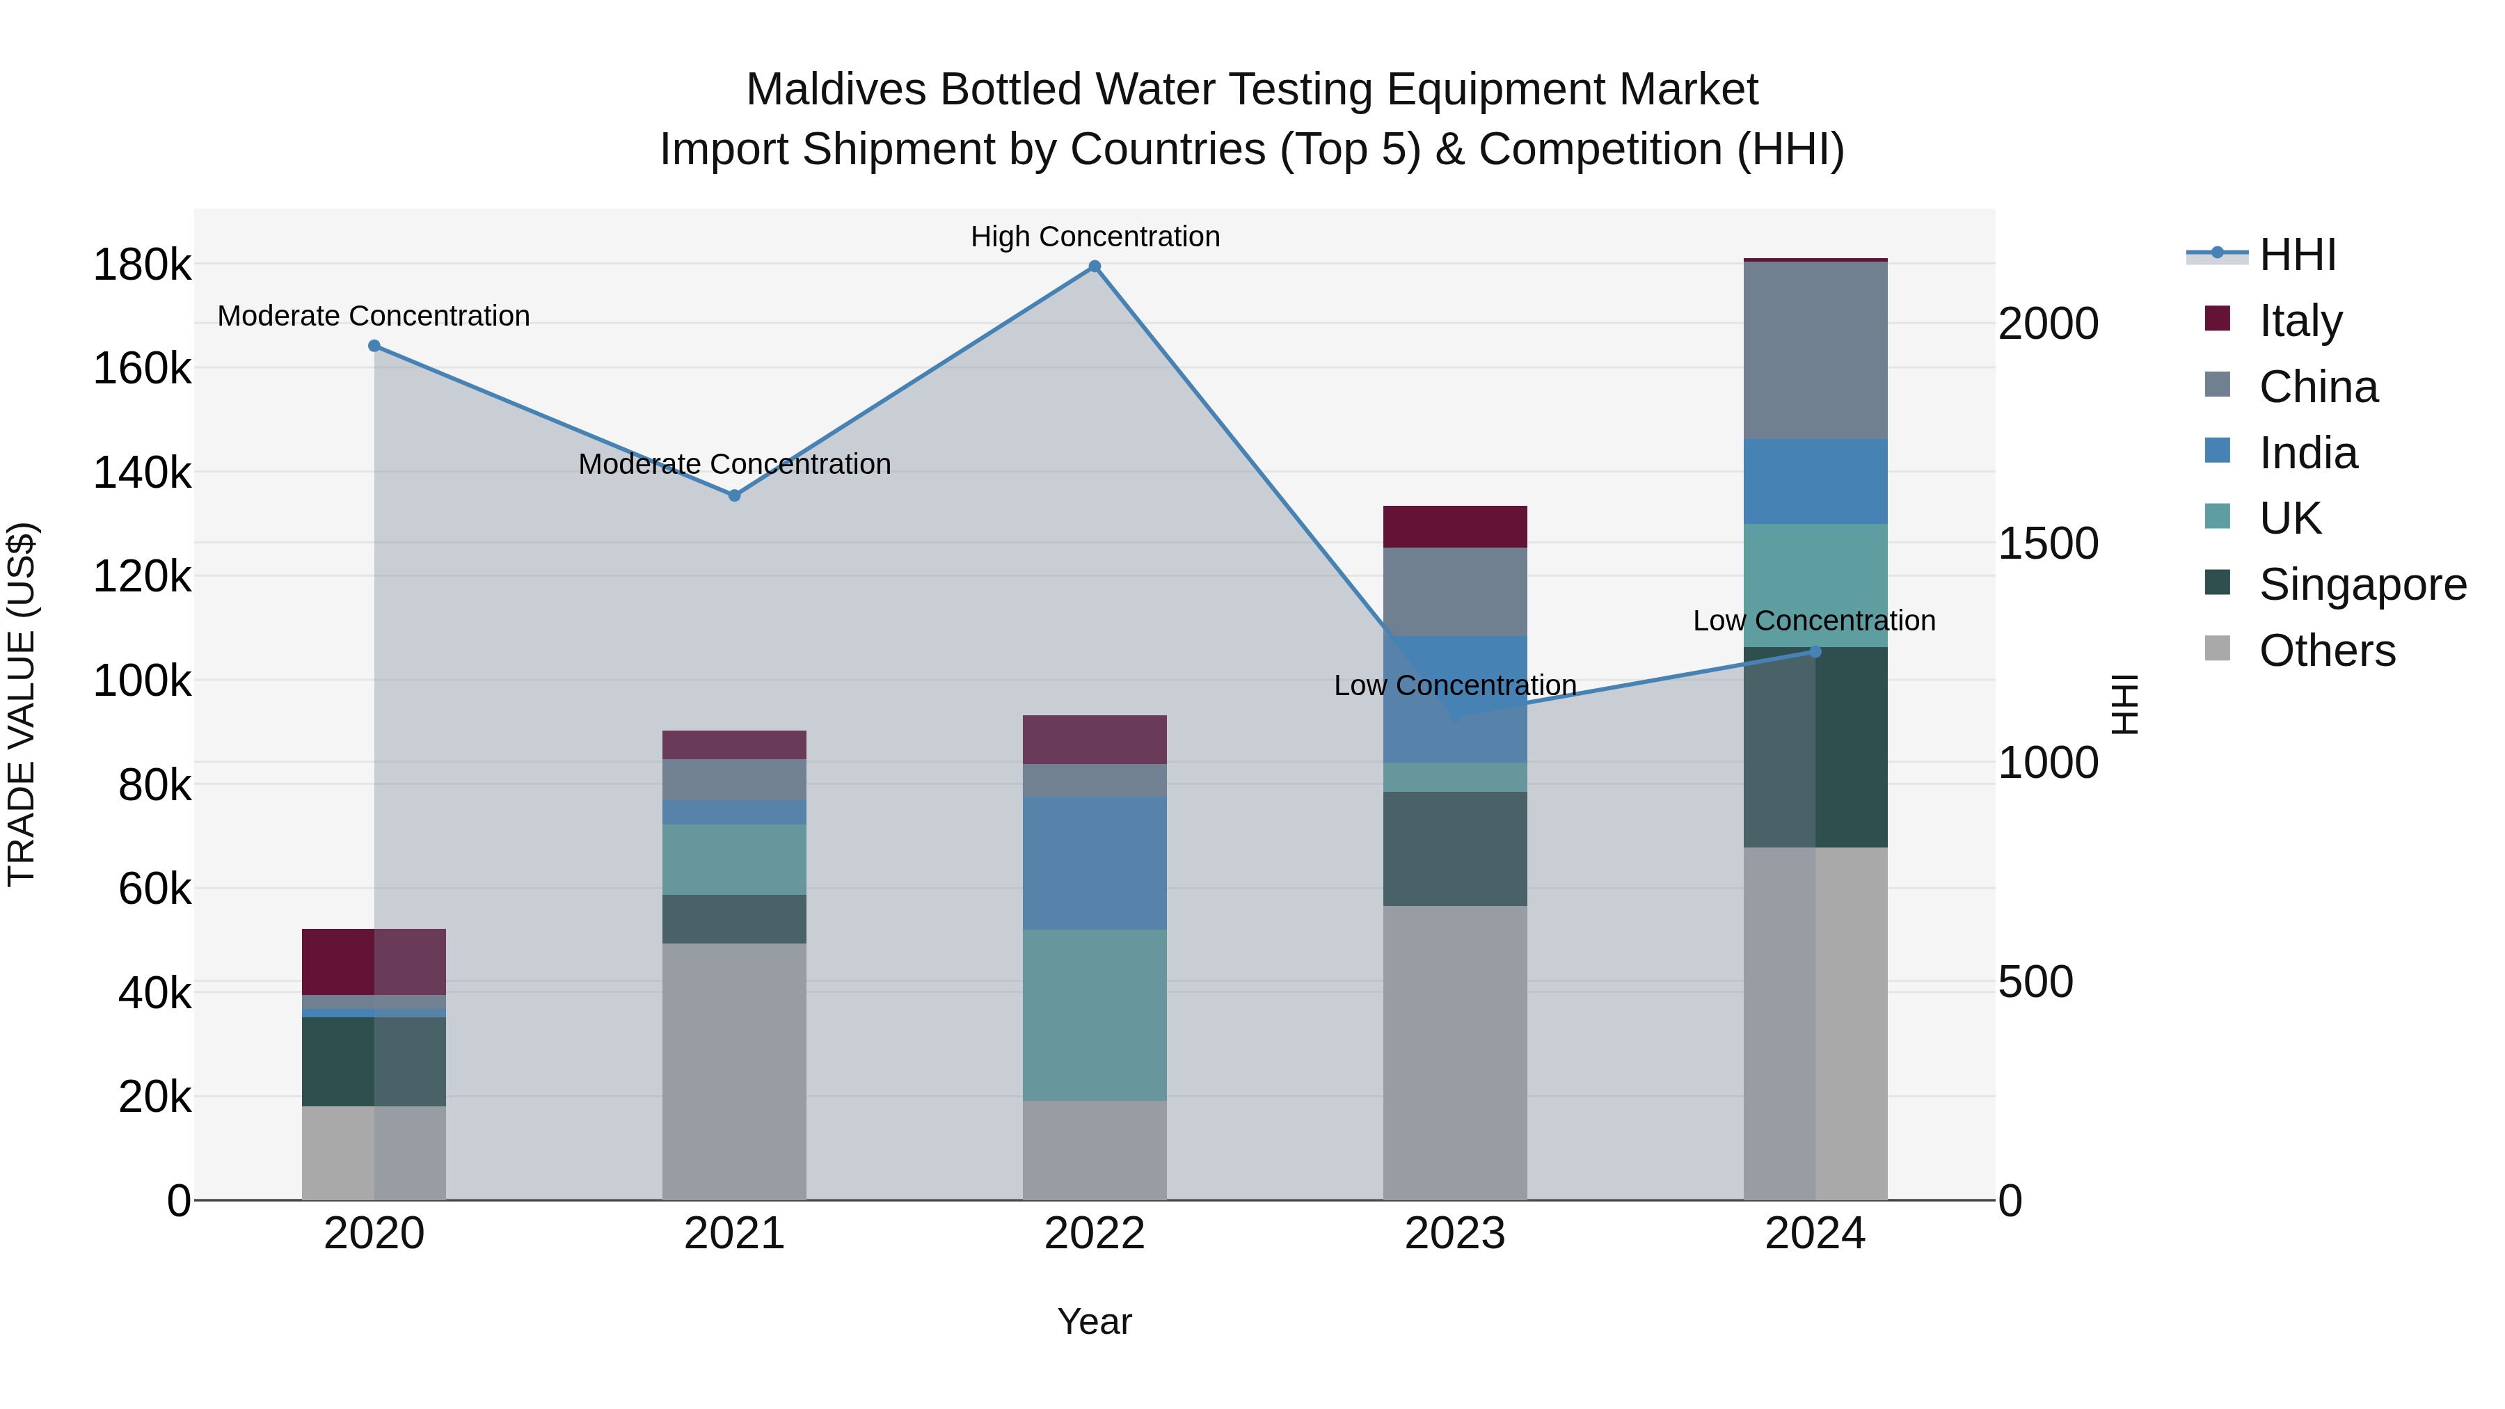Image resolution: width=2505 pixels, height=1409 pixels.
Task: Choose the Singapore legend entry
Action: click(x=2362, y=584)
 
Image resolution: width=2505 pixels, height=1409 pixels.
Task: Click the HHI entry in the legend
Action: click(x=2297, y=255)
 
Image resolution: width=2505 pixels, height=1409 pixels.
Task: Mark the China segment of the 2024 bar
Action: click(x=1815, y=350)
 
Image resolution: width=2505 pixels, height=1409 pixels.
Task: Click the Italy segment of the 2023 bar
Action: click(x=1455, y=526)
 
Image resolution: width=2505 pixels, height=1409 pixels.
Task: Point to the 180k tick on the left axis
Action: click(x=142, y=264)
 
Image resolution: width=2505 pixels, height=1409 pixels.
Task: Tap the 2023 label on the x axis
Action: click(x=1455, y=1234)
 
